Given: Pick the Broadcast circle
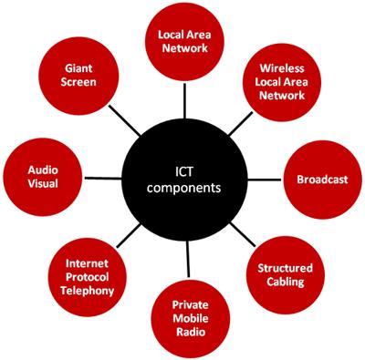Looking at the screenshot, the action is click(322, 180).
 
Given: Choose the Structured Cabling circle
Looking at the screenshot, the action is click(285, 275).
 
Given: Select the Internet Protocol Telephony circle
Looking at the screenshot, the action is click(89, 276).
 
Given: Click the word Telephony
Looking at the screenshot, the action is click(89, 291).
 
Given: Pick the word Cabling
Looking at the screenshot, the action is click(286, 283).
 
